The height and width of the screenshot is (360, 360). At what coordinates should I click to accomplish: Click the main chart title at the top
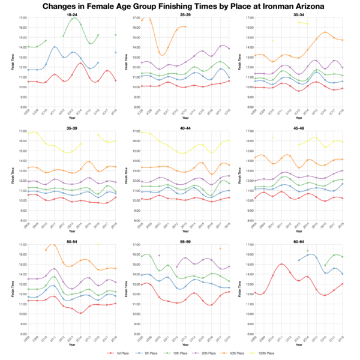coord(180,6)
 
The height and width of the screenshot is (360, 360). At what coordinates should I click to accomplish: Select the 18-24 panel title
coord(71,14)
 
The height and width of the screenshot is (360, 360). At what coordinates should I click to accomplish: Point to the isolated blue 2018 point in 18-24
coord(116,52)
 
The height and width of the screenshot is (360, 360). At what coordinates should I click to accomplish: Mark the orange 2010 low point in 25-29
coord(159,53)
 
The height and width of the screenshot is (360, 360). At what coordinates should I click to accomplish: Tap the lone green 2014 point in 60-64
coord(307,251)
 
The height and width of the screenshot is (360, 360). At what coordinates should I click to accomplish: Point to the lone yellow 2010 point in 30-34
coord(273,40)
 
